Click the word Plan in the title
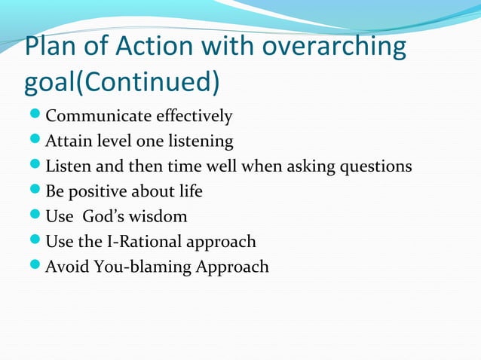(54, 47)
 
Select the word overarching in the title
(334, 47)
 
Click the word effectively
(194, 117)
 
